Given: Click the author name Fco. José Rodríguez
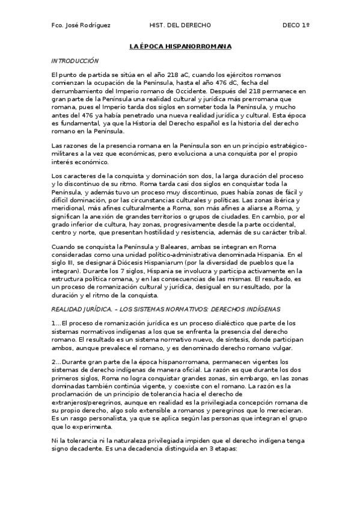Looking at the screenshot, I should [x=81, y=25].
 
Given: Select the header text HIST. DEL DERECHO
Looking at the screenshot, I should [x=180, y=25].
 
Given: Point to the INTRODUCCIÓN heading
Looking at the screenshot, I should [x=75, y=61].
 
